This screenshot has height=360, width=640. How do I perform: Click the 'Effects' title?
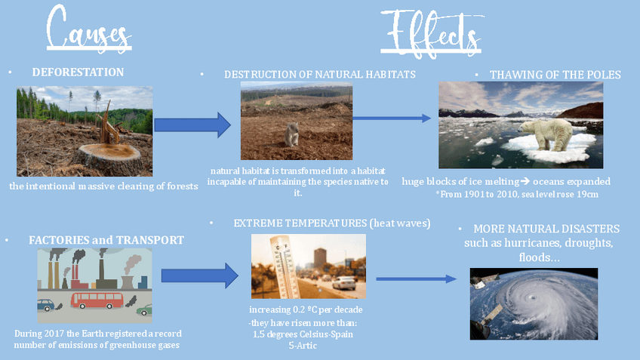429,32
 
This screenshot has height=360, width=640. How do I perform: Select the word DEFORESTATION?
78,72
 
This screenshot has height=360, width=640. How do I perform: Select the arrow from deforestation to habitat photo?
192,125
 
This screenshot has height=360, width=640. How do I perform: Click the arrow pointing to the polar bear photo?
392,118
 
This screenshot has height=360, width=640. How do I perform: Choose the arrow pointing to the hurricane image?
416,279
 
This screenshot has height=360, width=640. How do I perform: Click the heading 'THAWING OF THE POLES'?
555,75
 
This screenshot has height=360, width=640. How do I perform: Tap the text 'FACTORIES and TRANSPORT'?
106,240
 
